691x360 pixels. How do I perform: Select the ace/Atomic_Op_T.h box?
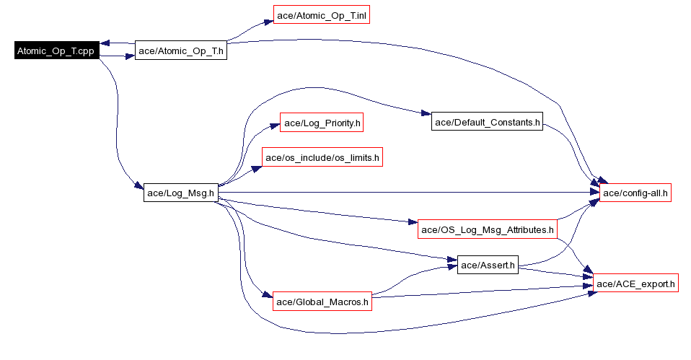181,51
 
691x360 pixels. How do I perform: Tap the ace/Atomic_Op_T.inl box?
322,15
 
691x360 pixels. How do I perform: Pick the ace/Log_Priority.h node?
321,123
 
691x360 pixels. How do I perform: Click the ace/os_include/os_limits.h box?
322,157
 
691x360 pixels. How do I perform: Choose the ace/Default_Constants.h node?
487,122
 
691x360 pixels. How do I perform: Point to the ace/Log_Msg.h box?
180,193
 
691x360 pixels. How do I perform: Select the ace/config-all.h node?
635,193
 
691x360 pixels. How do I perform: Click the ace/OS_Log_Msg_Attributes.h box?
488,229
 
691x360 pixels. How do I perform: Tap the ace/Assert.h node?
488,265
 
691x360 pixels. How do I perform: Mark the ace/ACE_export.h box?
635,284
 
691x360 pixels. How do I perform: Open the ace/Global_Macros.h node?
322,302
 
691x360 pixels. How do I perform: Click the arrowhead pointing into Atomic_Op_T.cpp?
105,43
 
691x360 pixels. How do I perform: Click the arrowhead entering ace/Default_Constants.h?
426,114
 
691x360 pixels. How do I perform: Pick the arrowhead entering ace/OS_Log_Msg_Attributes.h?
413,222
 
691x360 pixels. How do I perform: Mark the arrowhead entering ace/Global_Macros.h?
268,296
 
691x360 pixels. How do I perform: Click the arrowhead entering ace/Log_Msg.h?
138,188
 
